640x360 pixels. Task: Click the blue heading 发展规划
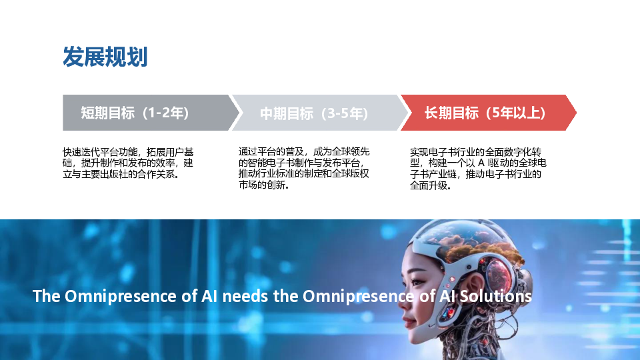click(x=105, y=56)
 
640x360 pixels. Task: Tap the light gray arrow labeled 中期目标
click(x=319, y=113)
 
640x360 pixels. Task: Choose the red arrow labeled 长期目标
click(x=489, y=113)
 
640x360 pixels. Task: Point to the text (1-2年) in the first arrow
click(x=165, y=113)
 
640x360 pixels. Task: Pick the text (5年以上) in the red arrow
click(x=515, y=113)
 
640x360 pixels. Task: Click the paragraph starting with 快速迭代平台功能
click(x=128, y=163)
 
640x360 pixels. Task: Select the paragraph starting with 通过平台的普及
click(x=304, y=168)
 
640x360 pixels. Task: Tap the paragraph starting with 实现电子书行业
click(x=478, y=169)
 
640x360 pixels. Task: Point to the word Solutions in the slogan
click(x=495, y=296)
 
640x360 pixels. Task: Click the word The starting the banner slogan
click(x=46, y=296)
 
